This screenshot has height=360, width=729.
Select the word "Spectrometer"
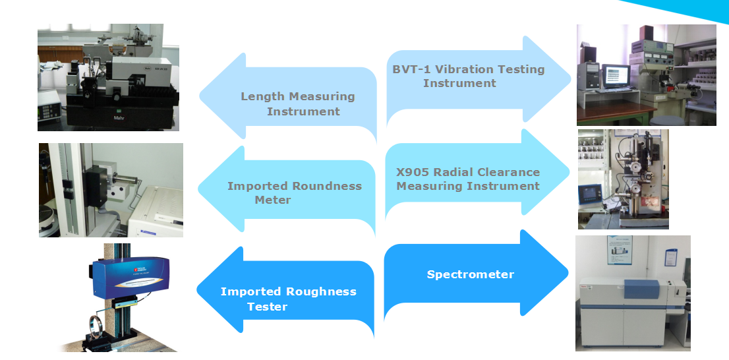pyautogui.click(x=470, y=274)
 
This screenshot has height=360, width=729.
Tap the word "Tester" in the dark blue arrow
pyautogui.click(x=267, y=307)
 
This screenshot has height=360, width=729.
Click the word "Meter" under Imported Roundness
pyautogui.click(x=273, y=200)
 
